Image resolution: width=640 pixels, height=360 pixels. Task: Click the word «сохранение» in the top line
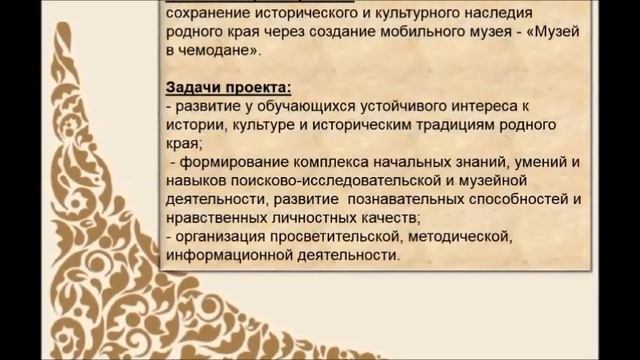click(x=207, y=13)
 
